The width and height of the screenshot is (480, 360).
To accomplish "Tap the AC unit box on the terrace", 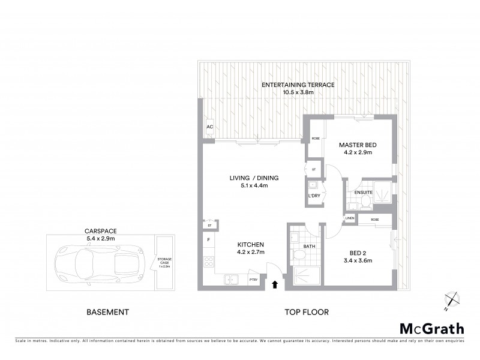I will coord(209,128).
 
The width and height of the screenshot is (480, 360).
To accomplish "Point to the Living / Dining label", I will coord(255,181).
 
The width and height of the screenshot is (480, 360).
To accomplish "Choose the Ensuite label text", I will coord(364,192).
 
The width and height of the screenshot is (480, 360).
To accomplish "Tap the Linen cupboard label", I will coord(350,218).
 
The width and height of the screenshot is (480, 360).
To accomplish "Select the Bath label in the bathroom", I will coord(310,245).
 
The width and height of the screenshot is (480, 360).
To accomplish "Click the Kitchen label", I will coord(250,248).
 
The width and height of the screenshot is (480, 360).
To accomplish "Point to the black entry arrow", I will coord(275,284).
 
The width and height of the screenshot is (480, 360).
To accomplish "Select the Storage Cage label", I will coord(163,262).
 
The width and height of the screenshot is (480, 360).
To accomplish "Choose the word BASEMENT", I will coord(108,312).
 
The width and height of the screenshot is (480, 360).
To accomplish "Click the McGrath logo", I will coord(431,328).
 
